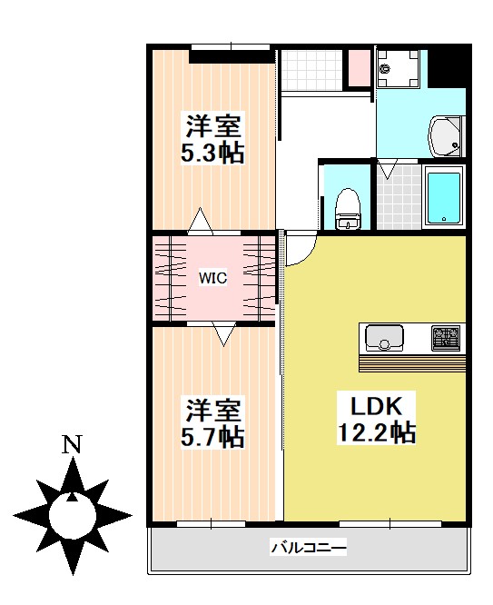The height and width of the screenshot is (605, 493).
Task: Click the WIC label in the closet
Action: pyautogui.click(x=213, y=278)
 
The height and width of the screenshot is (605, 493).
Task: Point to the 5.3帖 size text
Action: pyautogui.click(x=212, y=153)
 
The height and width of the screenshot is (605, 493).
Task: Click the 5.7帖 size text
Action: pyautogui.click(x=213, y=437)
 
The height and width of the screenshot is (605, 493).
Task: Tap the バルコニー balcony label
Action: pyautogui.click(x=308, y=549)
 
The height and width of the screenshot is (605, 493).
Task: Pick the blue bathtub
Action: pyautogui.click(x=445, y=194)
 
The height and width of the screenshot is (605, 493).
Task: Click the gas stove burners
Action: pyautogui.click(x=446, y=338)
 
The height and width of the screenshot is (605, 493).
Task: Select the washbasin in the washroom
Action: pyautogui.click(x=446, y=135)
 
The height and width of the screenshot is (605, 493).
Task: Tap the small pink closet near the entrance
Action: pyautogui.click(x=358, y=66)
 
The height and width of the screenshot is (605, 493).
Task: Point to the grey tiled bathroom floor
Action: pyautogui.click(x=399, y=196)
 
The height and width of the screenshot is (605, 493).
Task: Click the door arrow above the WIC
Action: pyautogui.click(x=201, y=220)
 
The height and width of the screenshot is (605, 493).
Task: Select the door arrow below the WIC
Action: pyautogui.click(x=223, y=336)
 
